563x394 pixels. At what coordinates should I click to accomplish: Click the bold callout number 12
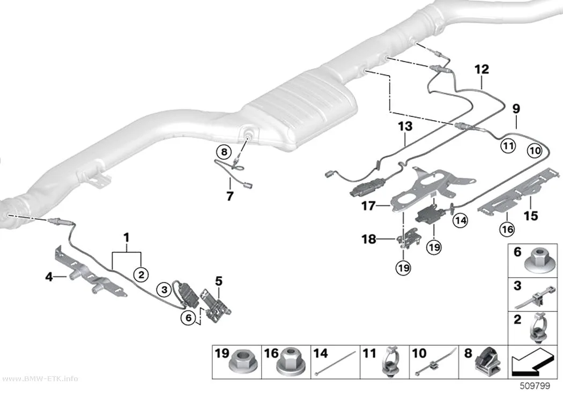[x=481, y=69]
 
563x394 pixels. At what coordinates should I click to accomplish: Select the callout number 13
[x=405, y=127]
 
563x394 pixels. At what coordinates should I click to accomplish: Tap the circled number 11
[x=508, y=146]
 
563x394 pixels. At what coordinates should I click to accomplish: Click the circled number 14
[x=460, y=220]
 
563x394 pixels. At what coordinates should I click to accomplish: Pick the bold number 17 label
[x=368, y=206]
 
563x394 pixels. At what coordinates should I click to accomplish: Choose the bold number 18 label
[x=369, y=239]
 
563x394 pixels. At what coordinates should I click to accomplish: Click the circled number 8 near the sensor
[x=224, y=152]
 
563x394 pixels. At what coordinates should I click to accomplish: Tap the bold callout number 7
[x=230, y=196]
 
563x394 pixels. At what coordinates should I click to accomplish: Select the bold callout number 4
[x=49, y=277]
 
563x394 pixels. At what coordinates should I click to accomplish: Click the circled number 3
[x=164, y=289]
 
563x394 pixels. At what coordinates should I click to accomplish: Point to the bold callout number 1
[x=127, y=237]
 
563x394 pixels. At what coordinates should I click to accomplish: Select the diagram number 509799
[x=535, y=386]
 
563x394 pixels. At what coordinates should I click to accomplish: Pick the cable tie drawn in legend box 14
[x=335, y=363]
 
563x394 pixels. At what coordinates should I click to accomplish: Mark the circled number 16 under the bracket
[x=507, y=229]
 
